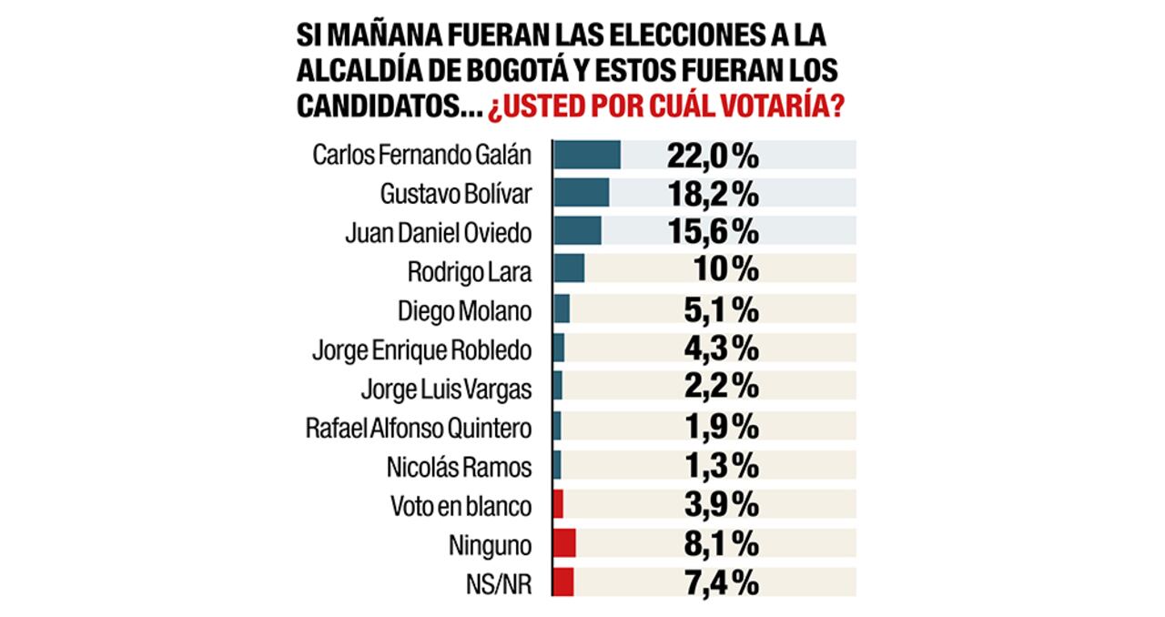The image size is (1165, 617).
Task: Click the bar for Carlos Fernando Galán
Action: click(587, 155)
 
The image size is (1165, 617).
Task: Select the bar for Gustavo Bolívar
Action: click(582, 193)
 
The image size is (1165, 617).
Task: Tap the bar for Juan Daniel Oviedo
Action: click(577, 231)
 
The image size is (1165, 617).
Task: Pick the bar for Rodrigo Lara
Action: click(569, 269)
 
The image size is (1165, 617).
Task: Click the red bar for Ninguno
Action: click(564, 544)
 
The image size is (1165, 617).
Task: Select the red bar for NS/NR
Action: click(563, 582)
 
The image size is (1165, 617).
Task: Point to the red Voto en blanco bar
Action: click(559, 504)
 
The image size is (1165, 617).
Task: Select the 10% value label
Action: click(725, 269)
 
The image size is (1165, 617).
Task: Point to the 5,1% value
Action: click(719, 309)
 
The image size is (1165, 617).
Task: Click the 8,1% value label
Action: click(719, 544)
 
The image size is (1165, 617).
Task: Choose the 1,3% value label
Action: click(719, 466)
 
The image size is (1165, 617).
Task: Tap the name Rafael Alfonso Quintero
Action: click(419, 427)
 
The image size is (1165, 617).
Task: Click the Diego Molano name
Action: click(464, 309)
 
